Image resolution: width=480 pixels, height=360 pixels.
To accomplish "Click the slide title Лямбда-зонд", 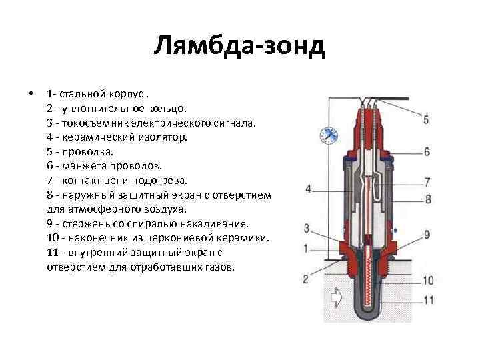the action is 239,47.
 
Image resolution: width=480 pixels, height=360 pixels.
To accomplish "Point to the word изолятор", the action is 164,137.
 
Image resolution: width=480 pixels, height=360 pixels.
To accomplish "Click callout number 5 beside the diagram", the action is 426,119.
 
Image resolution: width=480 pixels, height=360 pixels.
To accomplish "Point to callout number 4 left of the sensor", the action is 309,189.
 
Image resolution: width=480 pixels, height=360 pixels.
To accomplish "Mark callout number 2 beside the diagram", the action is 306,279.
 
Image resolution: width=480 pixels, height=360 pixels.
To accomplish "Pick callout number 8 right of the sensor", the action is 427,198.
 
